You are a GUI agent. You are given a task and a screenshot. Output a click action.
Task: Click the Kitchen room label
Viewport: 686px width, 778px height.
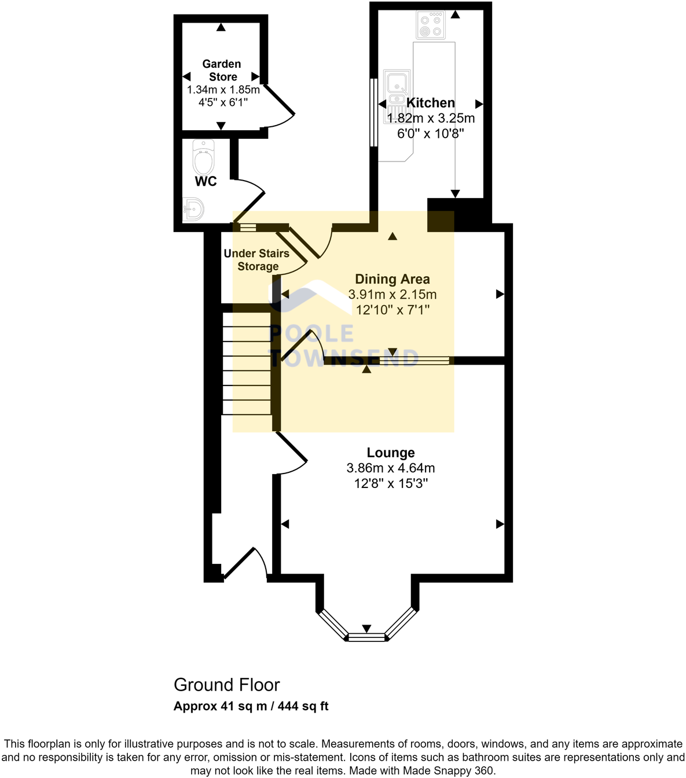tap(431, 103)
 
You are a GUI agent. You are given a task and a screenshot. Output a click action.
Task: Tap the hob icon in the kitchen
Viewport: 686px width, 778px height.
tap(431, 25)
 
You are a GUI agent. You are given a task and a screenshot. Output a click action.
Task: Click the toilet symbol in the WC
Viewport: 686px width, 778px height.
tap(203, 157)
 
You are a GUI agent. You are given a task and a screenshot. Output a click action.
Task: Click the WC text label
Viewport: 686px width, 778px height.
tap(206, 182)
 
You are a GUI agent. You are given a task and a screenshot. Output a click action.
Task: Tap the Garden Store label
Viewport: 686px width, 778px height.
tap(222, 70)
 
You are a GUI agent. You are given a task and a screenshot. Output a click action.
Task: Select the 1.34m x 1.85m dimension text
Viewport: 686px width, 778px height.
tap(223, 90)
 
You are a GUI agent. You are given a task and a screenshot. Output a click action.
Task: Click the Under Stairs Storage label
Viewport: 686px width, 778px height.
tap(256, 260)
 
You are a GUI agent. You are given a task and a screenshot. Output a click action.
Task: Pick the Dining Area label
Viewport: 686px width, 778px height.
tap(392, 279)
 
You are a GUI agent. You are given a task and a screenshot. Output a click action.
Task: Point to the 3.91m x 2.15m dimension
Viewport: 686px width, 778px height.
tap(392, 295)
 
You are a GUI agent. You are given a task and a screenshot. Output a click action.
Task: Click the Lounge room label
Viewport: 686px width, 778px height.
tap(391, 453)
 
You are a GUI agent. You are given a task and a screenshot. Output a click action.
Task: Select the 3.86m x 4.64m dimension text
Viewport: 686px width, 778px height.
tap(391, 468)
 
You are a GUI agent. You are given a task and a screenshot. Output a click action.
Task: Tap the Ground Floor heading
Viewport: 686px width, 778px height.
tap(227, 685)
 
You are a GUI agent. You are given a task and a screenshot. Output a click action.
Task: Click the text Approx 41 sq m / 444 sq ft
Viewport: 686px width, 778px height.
tap(251, 706)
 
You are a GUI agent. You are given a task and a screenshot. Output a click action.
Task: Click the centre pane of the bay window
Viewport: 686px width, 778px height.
tap(366, 637)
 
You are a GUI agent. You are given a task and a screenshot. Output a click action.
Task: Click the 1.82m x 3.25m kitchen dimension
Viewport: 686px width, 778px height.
tap(431, 118)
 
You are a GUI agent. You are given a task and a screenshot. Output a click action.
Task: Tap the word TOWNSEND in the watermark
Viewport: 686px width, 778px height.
tap(344, 358)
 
